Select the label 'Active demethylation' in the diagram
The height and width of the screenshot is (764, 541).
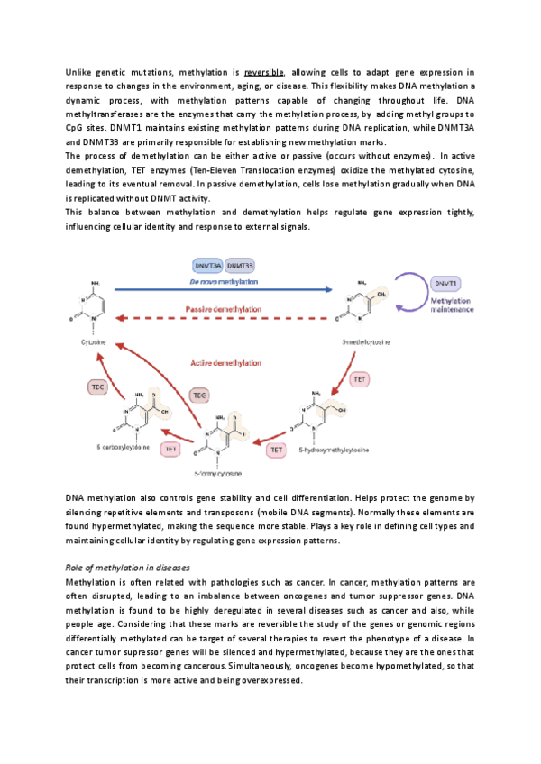click(x=226, y=363)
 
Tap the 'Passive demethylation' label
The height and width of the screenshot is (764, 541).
click(x=225, y=308)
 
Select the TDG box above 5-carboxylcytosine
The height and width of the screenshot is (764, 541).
click(x=97, y=387)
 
